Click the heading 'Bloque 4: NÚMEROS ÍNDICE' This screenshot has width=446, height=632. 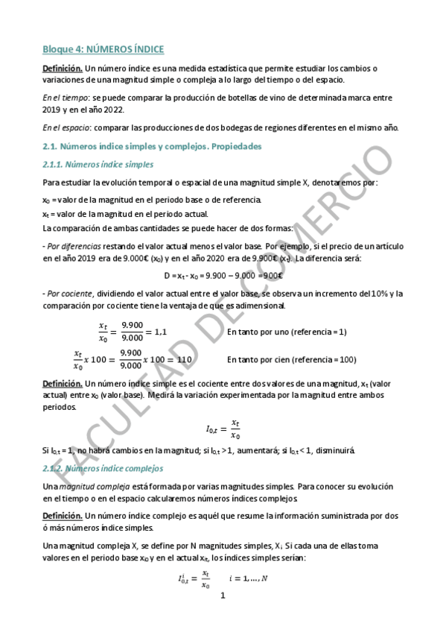coord(103,49)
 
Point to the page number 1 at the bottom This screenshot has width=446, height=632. coord(222,596)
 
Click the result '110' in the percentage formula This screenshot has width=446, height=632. coord(184,359)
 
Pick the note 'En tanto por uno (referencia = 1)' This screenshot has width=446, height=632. coord(287,332)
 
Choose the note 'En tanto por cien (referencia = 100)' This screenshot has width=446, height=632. coord(291,359)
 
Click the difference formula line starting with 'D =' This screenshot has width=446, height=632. coord(222,275)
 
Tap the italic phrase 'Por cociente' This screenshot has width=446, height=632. coord(69,293)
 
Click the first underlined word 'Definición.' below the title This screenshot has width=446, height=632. coord(62,69)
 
